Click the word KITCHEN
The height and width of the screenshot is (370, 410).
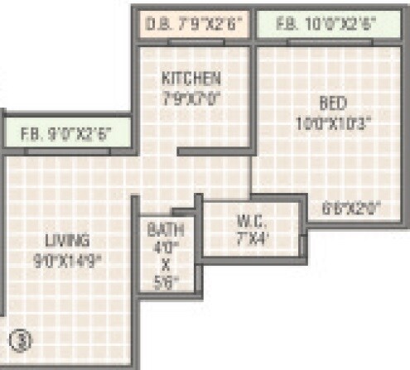pos(191,79)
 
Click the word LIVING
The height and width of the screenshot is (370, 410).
pos(67,242)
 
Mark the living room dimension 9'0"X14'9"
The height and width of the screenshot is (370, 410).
pos(67,257)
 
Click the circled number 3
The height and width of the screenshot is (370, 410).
pos(19,339)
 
